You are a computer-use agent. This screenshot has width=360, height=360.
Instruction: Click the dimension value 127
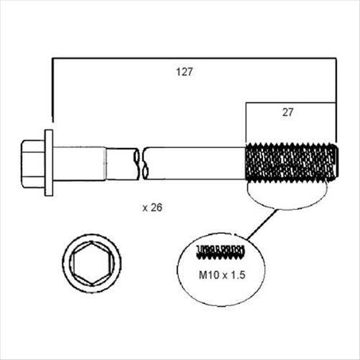[x=185, y=72]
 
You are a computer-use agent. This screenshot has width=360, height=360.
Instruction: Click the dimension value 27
[x=287, y=112]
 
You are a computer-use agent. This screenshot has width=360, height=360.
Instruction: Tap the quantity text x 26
[x=154, y=208]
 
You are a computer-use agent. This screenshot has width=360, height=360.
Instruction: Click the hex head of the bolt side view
[x=33, y=162]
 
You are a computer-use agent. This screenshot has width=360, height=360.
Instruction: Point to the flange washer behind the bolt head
[x=49, y=162]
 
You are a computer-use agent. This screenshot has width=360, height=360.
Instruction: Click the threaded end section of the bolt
[x=290, y=163]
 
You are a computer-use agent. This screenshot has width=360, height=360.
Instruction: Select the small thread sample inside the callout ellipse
[x=220, y=251]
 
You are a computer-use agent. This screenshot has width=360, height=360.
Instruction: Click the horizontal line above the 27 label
[x=290, y=102]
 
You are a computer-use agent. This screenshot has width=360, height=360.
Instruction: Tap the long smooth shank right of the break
[x=194, y=163]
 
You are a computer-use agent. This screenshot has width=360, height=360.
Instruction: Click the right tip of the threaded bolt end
[x=335, y=163]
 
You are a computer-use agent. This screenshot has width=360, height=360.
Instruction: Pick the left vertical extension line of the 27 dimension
[x=246, y=122]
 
